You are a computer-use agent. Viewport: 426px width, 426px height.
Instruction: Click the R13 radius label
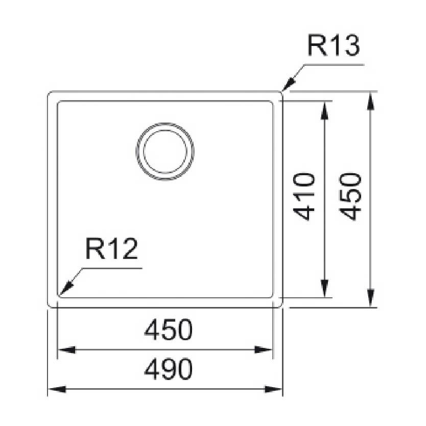pyautogui.click(x=334, y=45)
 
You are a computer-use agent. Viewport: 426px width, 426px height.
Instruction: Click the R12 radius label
pyautogui.click(x=112, y=249)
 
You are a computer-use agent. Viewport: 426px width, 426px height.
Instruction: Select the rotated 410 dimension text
pyautogui.click(x=304, y=196)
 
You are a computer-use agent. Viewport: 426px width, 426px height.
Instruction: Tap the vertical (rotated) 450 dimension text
pyautogui.click(x=351, y=196)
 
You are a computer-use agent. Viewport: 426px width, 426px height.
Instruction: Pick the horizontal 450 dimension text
pyautogui.click(x=169, y=329)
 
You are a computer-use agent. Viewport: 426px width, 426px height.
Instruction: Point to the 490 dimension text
pyautogui.click(x=169, y=369)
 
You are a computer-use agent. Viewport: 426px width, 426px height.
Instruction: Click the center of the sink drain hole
pyautogui.click(x=165, y=151)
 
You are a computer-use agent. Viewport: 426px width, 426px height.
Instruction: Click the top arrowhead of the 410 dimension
pyautogui.click(x=324, y=110)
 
